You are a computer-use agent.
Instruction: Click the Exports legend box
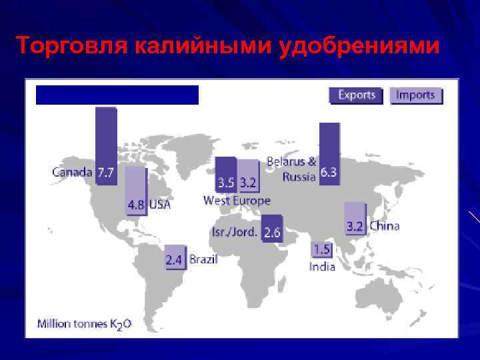[356, 95]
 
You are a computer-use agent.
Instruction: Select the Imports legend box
[415, 95]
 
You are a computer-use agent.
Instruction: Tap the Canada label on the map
[72, 172]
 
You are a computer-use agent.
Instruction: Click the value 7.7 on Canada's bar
[105, 173]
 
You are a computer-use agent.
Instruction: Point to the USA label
[159, 205]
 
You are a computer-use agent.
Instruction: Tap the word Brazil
[203, 259]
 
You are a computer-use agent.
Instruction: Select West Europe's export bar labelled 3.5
[225, 174]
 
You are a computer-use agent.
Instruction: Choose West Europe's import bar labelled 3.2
[248, 174]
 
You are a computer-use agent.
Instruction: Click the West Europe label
[237, 201]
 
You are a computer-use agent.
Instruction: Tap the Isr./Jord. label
[235, 232]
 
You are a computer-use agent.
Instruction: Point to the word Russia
[299, 177]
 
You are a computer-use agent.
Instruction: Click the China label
[384, 226]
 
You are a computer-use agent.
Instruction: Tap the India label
[321, 267]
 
